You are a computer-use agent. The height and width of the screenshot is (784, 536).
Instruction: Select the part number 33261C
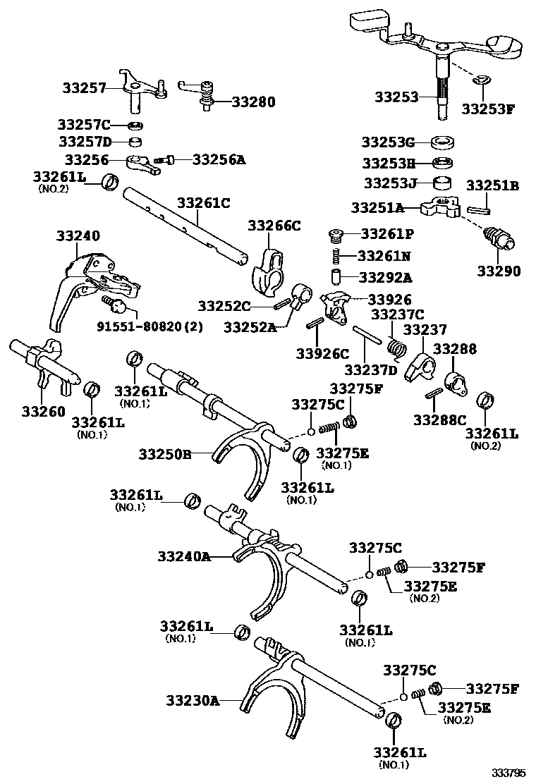(x=203, y=203)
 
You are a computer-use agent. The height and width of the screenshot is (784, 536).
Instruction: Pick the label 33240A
(x=185, y=556)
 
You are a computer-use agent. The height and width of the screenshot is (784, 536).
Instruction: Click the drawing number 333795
(x=509, y=773)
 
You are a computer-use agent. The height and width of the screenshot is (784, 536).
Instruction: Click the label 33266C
(x=274, y=226)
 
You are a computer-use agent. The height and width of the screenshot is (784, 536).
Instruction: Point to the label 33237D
(x=371, y=369)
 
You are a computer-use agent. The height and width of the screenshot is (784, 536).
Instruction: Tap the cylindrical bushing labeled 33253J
(x=442, y=184)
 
